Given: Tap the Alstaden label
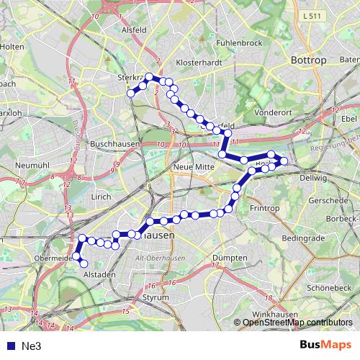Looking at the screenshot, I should [x=100, y=274].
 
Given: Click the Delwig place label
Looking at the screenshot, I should [x=313, y=176].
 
